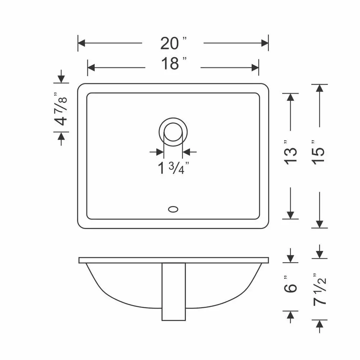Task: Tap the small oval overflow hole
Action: pos(173,208)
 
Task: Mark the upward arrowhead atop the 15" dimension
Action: pos(319,88)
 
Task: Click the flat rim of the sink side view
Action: pos(173,260)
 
